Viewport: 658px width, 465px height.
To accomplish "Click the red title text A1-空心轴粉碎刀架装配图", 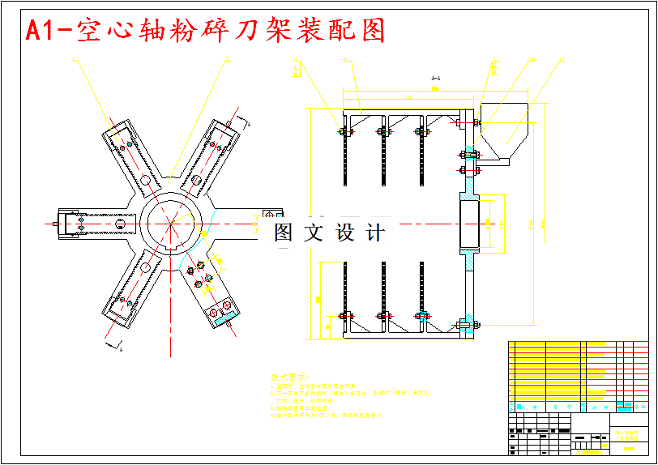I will pos(204,31).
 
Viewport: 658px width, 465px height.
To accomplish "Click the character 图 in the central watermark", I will pos(284,233).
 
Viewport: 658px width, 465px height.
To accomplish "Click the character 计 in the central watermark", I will pos(376,233).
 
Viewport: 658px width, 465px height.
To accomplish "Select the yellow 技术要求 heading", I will pos(291,378).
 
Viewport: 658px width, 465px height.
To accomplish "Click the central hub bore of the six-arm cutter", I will pos(171,222).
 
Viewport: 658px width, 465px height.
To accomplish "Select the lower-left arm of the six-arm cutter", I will pos(130,292).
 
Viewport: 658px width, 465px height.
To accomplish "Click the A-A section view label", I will pos(435,79).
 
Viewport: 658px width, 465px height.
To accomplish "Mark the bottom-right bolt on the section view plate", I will pos(467,326).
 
